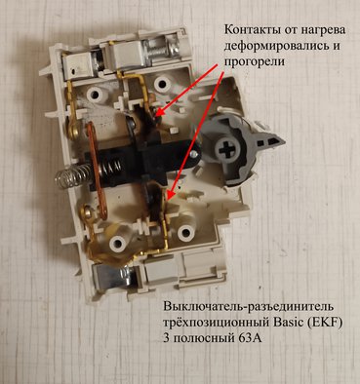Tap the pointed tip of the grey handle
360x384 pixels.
[x=285, y=141]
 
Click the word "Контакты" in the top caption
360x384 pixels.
[x=248, y=30]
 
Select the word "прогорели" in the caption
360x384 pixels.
[x=254, y=61]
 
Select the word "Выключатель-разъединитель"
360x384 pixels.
[x=249, y=307]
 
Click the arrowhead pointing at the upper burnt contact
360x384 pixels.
[x=159, y=113]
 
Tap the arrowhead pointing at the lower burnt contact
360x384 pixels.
[x=169, y=195]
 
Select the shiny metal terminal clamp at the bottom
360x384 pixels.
[x=109, y=276]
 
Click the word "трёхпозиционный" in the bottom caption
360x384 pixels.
[x=216, y=324]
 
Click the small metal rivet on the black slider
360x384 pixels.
[x=194, y=154]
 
